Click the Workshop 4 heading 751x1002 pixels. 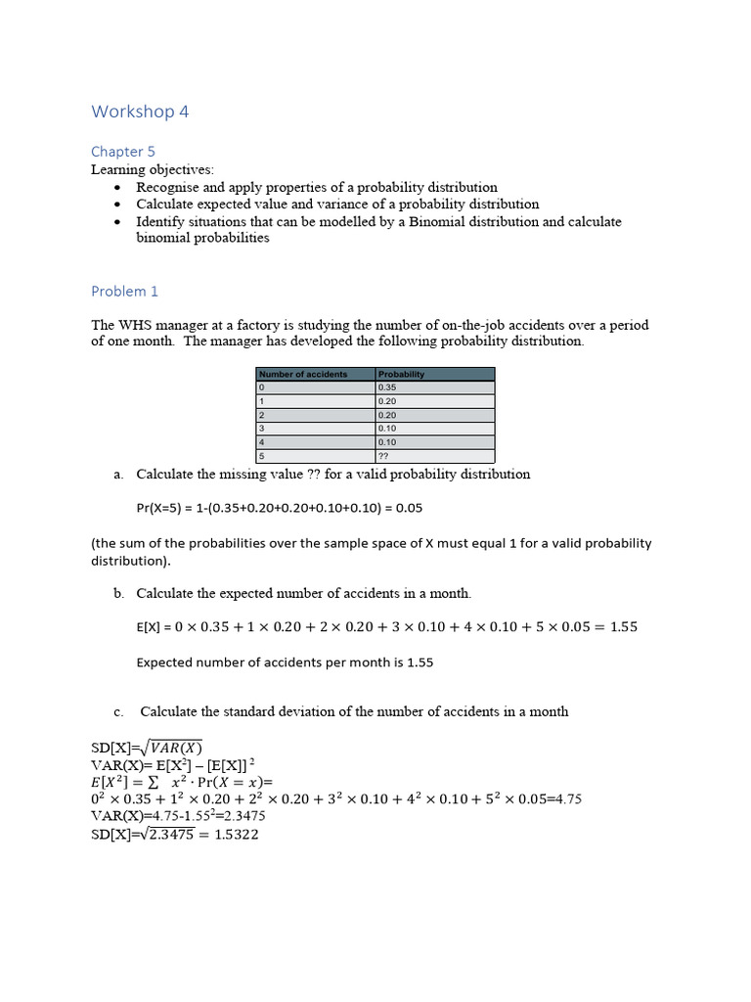coord(140,112)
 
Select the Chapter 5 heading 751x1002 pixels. coord(123,152)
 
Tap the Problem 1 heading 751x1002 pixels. coord(124,292)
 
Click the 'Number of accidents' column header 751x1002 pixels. coord(303,374)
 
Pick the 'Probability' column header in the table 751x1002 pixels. coord(401,374)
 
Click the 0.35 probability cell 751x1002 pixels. coord(388,387)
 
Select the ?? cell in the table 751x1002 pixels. coord(384,456)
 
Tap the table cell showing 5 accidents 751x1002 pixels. coord(261,456)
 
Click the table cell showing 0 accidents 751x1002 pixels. coord(261,387)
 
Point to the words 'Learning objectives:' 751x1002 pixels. coord(152,170)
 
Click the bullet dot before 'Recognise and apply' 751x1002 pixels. coord(118,187)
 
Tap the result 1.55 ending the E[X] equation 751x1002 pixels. coord(623,627)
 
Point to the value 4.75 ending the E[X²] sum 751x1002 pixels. coord(567,799)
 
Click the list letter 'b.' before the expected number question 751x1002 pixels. coord(118,594)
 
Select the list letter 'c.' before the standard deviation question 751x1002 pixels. coord(118,712)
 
